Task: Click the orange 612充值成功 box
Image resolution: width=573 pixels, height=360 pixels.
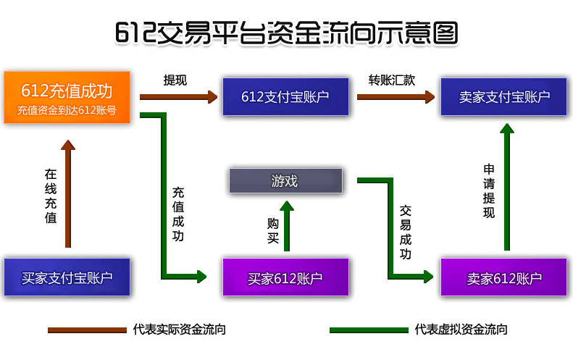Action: [x=67, y=98]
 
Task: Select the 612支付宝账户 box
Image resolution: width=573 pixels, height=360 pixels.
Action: [x=285, y=97]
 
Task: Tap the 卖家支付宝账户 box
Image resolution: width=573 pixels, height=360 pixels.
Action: [x=504, y=97]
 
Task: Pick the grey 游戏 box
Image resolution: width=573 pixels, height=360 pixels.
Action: [x=285, y=181]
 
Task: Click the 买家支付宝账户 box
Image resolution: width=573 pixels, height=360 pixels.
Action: [x=67, y=277]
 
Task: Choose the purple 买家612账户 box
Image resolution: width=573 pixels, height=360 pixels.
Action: [x=285, y=277]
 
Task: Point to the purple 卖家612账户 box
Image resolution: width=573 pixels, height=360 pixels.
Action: [x=504, y=277]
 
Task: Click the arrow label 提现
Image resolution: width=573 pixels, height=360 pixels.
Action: [x=175, y=80]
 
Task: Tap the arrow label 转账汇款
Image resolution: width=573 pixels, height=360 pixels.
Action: [x=392, y=80]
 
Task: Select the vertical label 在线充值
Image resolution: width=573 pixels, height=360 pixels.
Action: [x=51, y=196]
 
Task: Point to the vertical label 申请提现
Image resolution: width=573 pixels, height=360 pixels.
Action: [x=489, y=191]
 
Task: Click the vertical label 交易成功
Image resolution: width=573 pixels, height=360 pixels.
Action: [x=405, y=232]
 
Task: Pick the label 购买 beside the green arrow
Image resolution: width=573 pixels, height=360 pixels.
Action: [x=273, y=230]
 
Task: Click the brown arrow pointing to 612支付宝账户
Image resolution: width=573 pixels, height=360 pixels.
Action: [x=179, y=97]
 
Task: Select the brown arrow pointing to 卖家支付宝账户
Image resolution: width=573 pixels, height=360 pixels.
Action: [x=396, y=97]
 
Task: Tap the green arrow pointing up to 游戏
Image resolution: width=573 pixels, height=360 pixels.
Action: [x=287, y=226]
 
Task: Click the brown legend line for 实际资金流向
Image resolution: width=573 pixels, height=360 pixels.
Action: [x=87, y=330]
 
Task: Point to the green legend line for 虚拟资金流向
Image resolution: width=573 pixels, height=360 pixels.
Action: [x=369, y=330]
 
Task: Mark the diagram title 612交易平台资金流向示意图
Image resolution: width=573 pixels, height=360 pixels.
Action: [x=287, y=33]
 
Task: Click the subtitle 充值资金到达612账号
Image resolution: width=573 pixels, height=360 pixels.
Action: [x=67, y=110]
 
